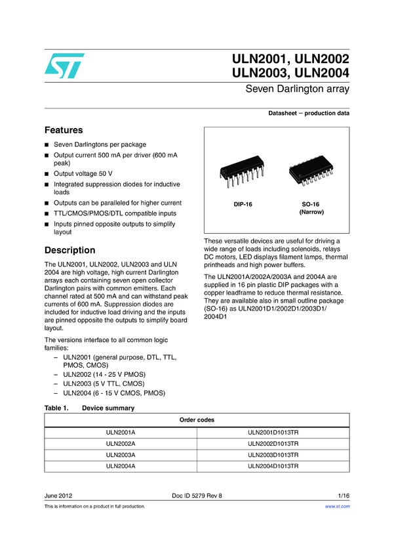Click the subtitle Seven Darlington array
(297, 89)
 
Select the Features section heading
(63, 130)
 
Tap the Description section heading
(69, 250)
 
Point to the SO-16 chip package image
(311, 173)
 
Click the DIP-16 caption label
(243, 205)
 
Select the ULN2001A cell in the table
(121, 433)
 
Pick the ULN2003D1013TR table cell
(273, 454)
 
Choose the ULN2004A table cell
(121, 465)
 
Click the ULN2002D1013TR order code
(273, 444)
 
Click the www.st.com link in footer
(337, 506)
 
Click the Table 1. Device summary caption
(89, 408)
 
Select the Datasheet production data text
(308, 113)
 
